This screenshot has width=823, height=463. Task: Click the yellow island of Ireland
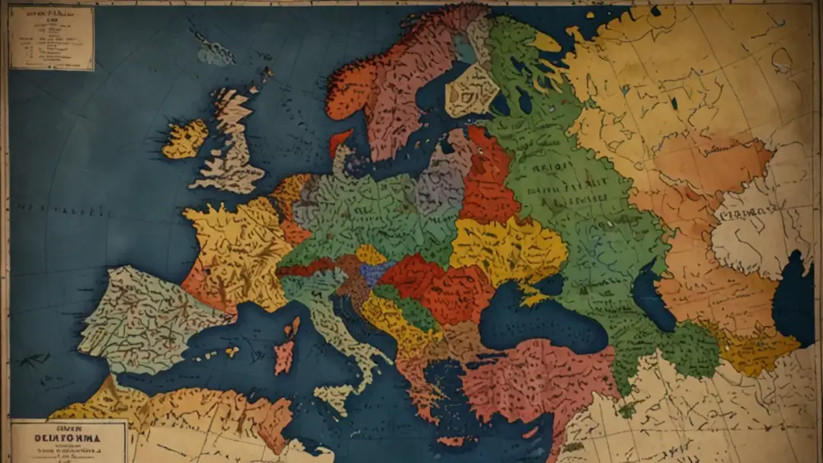(x=185, y=139)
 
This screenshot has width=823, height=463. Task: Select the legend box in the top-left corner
(x=51, y=38)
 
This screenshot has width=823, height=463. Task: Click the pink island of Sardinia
(x=284, y=355)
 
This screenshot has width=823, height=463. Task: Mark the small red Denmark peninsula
(x=339, y=141)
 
